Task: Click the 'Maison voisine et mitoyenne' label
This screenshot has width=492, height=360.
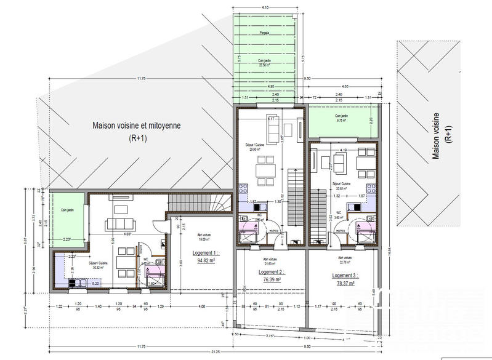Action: [x=136, y=125]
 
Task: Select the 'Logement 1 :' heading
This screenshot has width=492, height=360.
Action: [x=204, y=252]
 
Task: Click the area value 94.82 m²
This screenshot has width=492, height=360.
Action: [x=204, y=260]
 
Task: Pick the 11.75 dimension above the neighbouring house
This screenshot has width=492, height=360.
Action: [x=141, y=78]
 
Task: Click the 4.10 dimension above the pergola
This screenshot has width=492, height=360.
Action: [x=265, y=7]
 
